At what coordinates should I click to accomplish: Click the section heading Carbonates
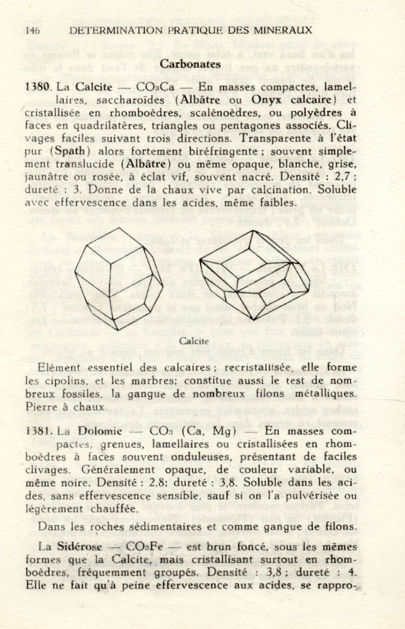tap(190, 64)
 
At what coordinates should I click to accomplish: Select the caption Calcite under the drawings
tap(194, 341)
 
